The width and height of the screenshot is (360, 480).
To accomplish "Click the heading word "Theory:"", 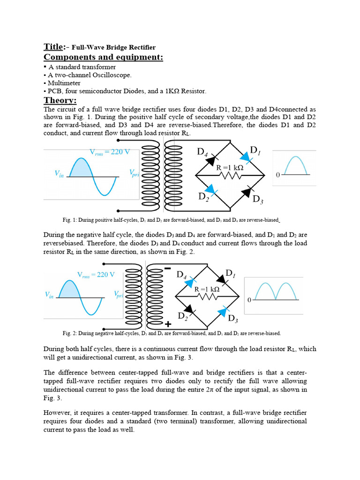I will point(60,100).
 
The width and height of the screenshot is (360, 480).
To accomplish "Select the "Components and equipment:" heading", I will point(103,57).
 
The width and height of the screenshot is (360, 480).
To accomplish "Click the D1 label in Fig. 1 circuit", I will point(255,150).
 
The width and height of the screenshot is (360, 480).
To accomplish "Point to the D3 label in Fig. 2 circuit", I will point(233,319).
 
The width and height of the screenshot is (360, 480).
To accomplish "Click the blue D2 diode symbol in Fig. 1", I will point(212,189).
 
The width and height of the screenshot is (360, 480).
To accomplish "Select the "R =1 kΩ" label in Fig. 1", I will point(230,167).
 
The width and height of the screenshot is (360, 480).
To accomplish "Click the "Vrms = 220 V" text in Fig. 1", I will point(110,151).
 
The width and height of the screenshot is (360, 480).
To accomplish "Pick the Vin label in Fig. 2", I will point(49,295).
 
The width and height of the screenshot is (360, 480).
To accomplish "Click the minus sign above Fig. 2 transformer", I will point(167,269).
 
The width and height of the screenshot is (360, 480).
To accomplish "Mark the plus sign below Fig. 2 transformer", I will point(167,324).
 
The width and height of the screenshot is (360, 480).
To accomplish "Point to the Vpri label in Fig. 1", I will point(134,172).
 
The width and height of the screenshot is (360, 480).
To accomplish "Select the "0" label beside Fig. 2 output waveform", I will point(249,300).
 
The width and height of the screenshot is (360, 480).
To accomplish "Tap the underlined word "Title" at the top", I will point(53,46).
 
